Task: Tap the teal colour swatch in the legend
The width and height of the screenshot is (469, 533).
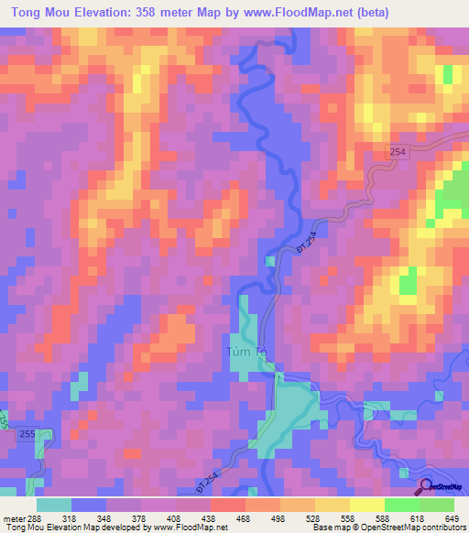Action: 54,505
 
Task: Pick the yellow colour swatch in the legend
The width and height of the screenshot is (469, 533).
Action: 366,505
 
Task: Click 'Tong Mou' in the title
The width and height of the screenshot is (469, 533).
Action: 38,13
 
